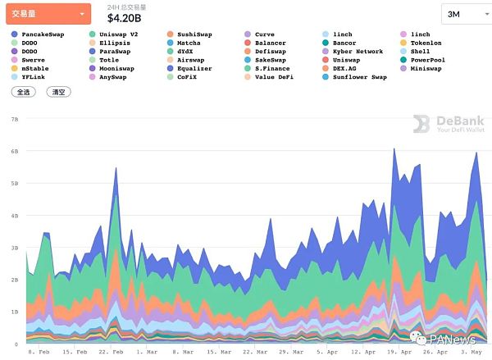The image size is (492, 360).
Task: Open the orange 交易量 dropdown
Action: coord(48,14)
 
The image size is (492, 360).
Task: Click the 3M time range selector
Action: coord(462,14)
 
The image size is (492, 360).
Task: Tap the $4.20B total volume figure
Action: coord(125,18)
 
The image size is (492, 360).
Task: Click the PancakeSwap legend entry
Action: coord(40,34)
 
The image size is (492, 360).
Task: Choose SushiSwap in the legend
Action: coord(194,34)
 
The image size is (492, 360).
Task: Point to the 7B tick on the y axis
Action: coord(15,120)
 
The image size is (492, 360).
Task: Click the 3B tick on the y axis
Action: coord(15,248)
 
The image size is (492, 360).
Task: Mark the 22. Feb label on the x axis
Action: coord(111,352)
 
